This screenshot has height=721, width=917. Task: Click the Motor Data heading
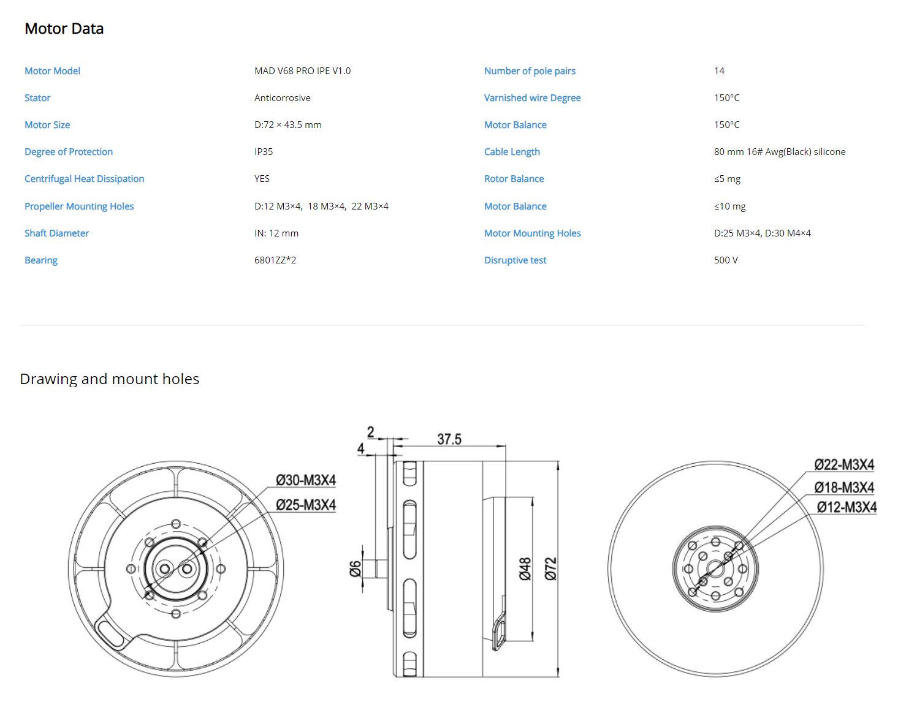64,29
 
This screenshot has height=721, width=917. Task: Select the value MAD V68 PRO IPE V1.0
302,70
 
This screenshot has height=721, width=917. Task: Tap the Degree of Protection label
68,151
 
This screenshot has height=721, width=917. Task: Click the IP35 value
264,151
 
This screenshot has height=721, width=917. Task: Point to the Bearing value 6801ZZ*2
275,260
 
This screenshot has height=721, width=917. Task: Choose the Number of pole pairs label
530,70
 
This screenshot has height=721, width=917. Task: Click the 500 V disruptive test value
726,260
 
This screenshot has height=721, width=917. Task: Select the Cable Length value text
779,151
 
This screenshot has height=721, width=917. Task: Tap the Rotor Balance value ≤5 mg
727,179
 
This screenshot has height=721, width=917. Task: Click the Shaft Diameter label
56,233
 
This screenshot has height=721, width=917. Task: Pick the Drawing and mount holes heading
110,379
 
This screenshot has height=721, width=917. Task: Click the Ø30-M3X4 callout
305,480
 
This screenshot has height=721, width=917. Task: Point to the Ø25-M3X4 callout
305,505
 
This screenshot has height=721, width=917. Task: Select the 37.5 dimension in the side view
449,439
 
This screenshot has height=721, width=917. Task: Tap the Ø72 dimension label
550,568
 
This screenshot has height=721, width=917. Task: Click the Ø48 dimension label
525,568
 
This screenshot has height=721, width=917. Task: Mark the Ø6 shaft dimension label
355,569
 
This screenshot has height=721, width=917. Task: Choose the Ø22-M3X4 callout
843,464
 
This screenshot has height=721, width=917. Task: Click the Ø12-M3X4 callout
847,507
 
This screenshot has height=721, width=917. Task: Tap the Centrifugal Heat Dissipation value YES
262,179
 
